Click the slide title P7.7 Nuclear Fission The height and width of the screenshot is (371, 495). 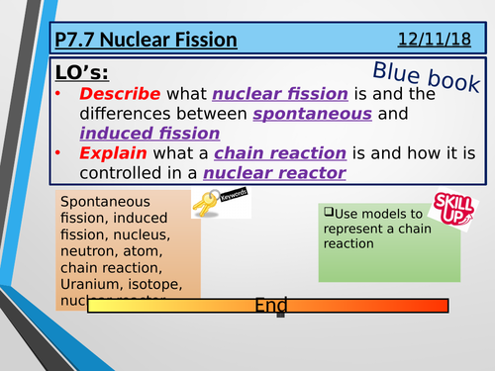click(147, 41)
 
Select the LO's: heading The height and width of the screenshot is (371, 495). click(83, 74)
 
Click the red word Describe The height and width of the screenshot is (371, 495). click(119, 95)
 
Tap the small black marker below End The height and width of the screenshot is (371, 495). click(281, 316)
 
